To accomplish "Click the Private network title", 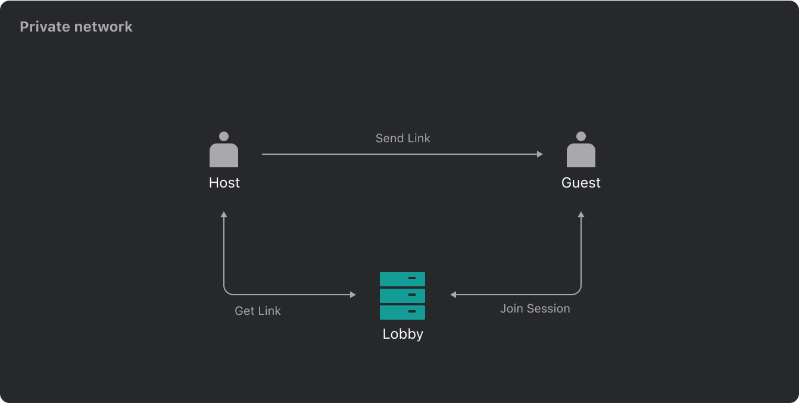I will tap(76, 27).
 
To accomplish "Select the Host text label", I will tap(224, 183).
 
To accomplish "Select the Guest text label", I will tap(581, 183).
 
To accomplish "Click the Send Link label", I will tap(402, 138).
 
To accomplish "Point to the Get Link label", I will tap(258, 311).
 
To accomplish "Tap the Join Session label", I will tap(535, 308).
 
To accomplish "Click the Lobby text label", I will tap(402, 334).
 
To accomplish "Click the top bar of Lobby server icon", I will tap(402, 279).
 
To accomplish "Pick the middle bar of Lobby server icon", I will tap(402, 295).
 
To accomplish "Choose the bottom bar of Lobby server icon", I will tap(402, 312).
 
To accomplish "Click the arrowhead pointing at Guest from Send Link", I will tap(540, 154).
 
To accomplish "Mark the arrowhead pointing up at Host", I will tap(224, 214).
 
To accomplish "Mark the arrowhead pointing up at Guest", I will tap(581, 214).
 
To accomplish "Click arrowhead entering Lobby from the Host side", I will tap(353, 295).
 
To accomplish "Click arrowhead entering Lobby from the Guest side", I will tap(453, 295).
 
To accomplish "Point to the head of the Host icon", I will tap(224, 136).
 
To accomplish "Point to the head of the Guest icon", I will tap(581, 136).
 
